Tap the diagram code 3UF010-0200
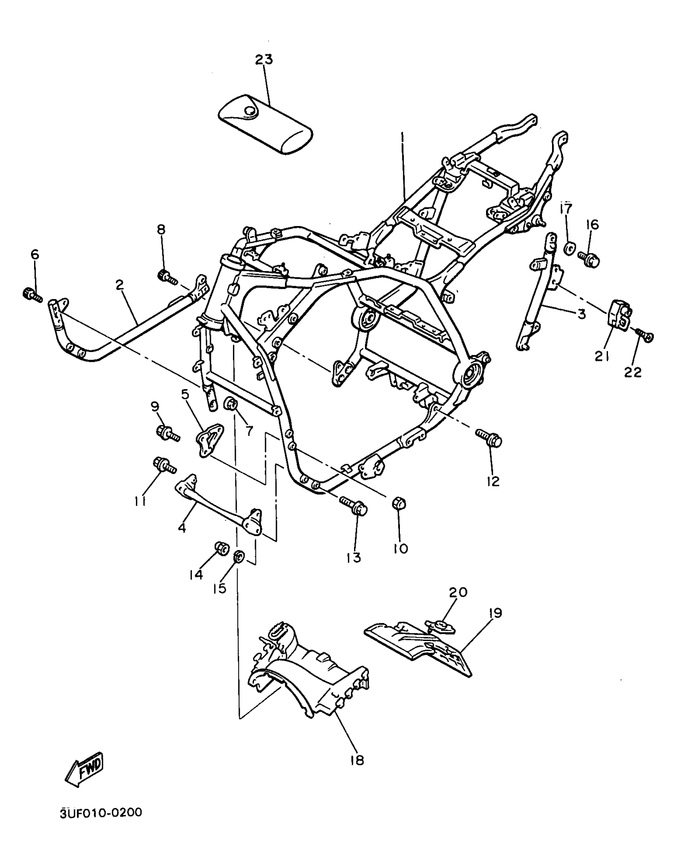[x=101, y=812]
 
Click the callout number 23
[x=264, y=60]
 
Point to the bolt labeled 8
[x=167, y=277]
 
